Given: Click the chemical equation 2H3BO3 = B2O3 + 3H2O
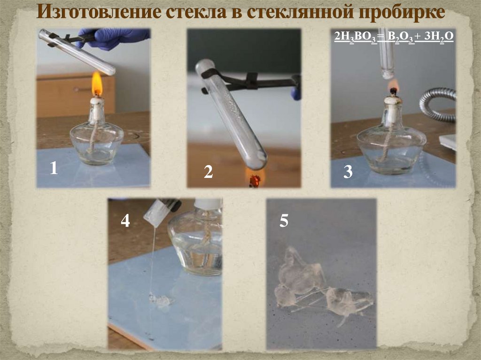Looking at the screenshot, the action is click(x=394, y=36).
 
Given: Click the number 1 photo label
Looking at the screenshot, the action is click(x=54, y=169).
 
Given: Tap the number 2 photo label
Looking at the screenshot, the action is click(x=208, y=172).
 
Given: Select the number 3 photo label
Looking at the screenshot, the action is click(x=348, y=172).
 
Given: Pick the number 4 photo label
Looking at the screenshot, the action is click(x=125, y=220).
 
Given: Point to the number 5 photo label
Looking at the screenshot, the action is click(x=284, y=221).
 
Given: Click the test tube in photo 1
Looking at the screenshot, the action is click(x=77, y=52).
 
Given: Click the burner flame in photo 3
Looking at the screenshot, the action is click(x=393, y=85).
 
